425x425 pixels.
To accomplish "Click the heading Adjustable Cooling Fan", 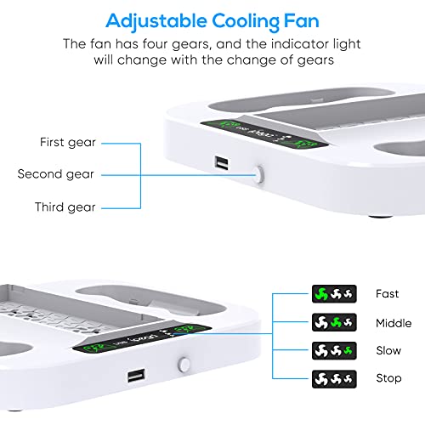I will coord(212,18).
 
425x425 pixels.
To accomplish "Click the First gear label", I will coord(67,142).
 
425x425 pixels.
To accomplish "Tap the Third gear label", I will coord(65,207).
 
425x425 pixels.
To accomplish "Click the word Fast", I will coord(388,293).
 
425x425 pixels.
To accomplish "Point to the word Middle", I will coord(393,322).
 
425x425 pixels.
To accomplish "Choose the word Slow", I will coord(388,350).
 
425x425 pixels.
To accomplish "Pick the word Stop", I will coord(388,377).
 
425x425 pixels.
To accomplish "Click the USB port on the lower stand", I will coord(136,375).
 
